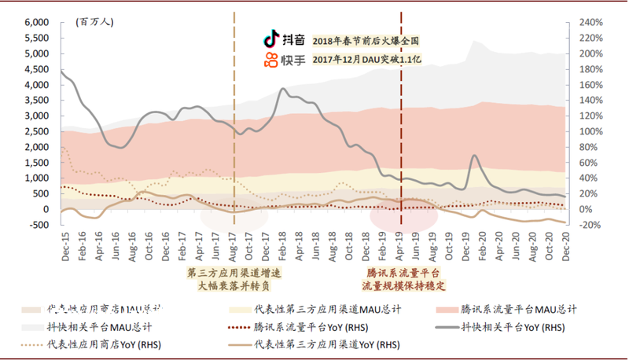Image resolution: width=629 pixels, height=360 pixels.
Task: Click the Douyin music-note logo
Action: [270, 39]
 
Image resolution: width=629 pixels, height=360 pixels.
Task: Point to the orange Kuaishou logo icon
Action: [270, 60]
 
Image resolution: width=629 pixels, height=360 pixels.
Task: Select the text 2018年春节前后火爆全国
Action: [366, 40]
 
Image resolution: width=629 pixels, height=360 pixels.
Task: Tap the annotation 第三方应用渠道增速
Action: [234, 272]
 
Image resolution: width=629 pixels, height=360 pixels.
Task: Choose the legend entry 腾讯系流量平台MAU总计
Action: [519, 309]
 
